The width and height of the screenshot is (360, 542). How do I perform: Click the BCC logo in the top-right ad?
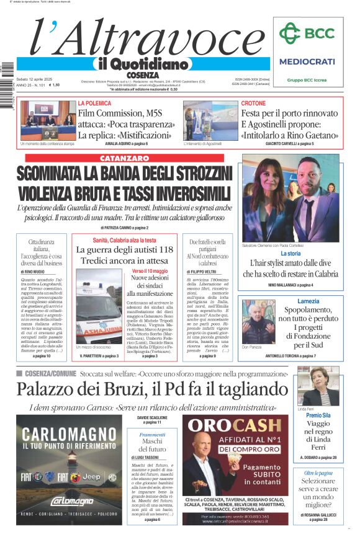click(306, 33)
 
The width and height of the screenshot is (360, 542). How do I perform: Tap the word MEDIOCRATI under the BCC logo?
click(307, 61)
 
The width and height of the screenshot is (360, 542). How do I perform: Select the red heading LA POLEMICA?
click(94, 103)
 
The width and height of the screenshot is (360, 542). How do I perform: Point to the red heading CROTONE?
click(253, 103)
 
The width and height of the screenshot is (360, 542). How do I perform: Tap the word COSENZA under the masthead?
click(142, 74)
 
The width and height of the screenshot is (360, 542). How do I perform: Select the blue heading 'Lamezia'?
click(308, 301)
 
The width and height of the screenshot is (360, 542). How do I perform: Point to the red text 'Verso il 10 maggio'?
click(150, 272)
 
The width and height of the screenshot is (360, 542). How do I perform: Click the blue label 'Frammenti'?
click(152, 435)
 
